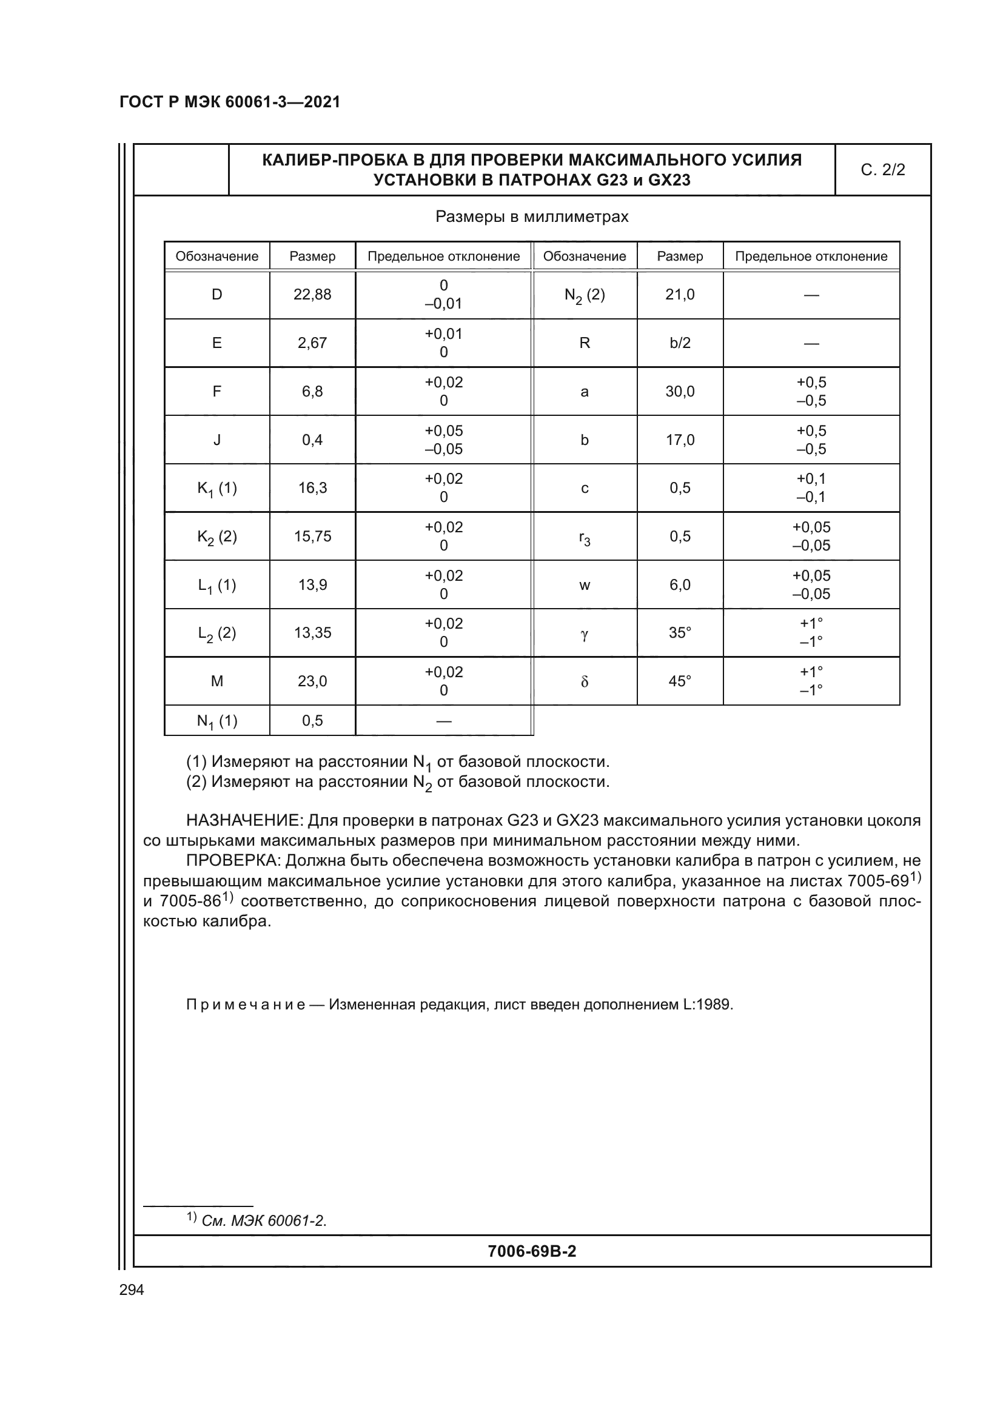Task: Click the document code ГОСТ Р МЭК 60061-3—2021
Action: pyautogui.click(x=230, y=102)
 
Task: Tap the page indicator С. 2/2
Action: pyautogui.click(x=882, y=170)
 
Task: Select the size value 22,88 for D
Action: pyautogui.click(x=312, y=295)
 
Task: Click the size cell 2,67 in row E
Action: pyautogui.click(x=312, y=343)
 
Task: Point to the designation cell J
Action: pyautogui.click(x=216, y=440)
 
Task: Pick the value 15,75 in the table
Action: pyautogui.click(x=312, y=537)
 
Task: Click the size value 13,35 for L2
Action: pyautogui.click(x=312, y=633)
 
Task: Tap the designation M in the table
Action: pyautogui.click(x=216, y=681)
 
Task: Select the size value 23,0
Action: pyautogui.click(x=312, y=681)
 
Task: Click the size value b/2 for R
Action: pyautogui.click(x=680, y=343)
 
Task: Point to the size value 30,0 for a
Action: pyautogui.click(x=680, y=392)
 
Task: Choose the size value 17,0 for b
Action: pyautogui.click(x=680, y=440)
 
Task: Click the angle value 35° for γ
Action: pyautogui.click(x=680, y=633)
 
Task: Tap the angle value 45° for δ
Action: pyautogui.click(x=680, y=681)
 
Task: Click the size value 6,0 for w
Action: pyautogui.click(x=680, y=585)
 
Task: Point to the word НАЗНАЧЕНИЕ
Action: pyautogui.click(x=243, y=821)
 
